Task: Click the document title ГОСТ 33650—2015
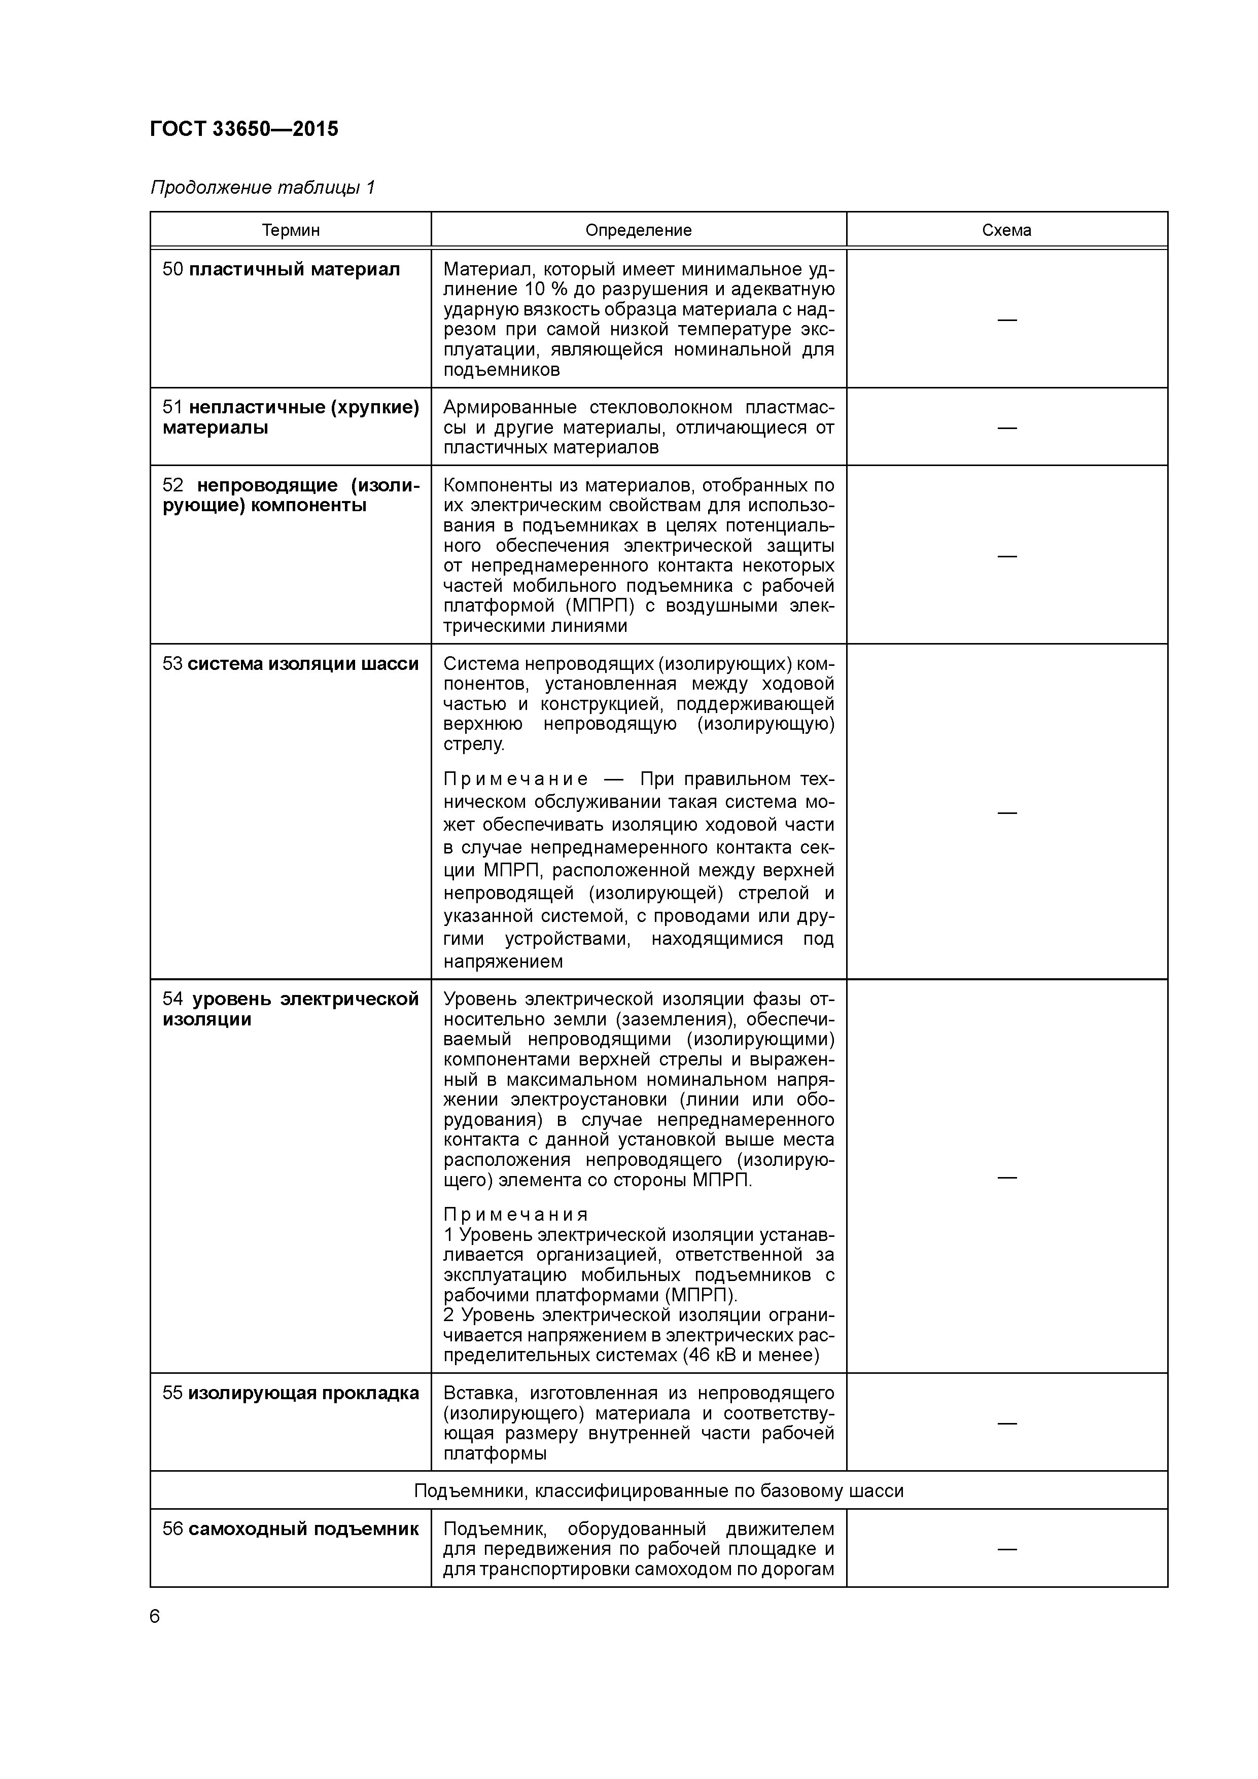click(244, 129)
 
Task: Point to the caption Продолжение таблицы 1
click(263, 188)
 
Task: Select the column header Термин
click(291, 230)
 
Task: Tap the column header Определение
click(638, 230)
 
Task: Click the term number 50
click(172, 270)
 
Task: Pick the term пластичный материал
click(295, 270)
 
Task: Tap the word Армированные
click(509, 408)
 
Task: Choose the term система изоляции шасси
click(303, 664)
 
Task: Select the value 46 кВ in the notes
click(709, 1355)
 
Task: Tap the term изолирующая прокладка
click(303, 1393)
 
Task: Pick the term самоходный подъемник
click(303, 1528)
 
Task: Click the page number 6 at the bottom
click(155, 1616)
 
